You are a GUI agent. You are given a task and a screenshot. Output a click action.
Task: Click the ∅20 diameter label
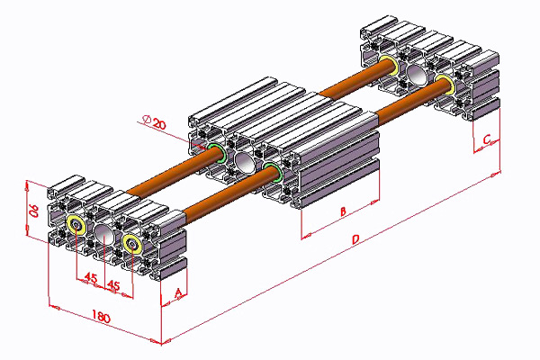coord(155,122)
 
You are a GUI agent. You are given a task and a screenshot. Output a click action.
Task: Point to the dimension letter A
coord(178,292)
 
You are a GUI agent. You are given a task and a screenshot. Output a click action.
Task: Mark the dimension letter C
coord(486,140)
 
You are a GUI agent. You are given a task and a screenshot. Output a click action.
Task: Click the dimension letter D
coord(356,240)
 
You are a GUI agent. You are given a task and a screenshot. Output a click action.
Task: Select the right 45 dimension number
coord(113,285)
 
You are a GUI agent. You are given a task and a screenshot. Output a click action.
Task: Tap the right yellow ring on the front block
coord(132,242)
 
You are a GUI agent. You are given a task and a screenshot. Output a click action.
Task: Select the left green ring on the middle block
coord(215,150)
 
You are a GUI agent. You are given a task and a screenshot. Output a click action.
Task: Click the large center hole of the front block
coord(103,235)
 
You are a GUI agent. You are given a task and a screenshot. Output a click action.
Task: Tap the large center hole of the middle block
coord(245,162)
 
